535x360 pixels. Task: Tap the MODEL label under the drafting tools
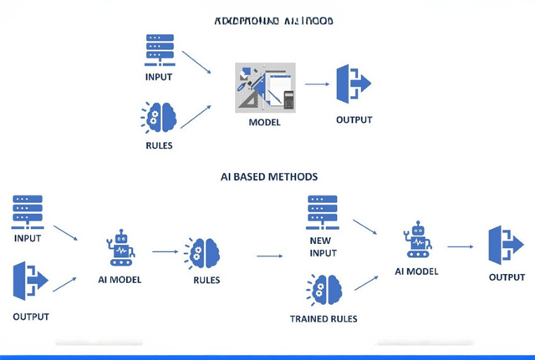pyautogui.click(x=264, y=123)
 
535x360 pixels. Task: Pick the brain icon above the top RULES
pyautogui.click(x=158, y=117)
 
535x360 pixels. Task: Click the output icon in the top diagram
pyautogui.click(x=352, y=84)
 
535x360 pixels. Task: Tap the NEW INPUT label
pyautogui.click(x=321, y=247)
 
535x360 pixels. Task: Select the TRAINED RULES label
pyautogui.click(x=323, y=318)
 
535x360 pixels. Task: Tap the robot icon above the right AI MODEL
pyautogui.click(x=417, y=239)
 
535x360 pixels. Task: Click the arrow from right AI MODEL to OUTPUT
pyautogui.click(x=461, y=246)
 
